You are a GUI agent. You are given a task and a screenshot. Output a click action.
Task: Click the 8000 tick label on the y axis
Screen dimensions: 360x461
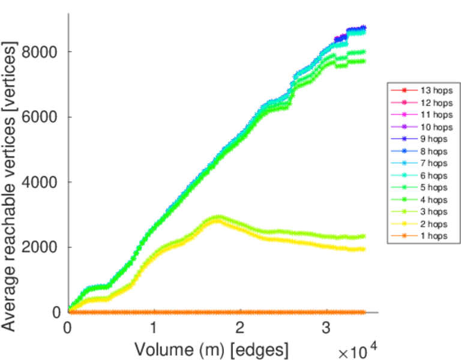pos(40,52)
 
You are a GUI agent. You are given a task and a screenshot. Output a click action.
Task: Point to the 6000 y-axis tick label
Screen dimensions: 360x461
pos(40,117)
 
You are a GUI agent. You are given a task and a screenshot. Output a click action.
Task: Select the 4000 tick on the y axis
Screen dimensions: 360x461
pos(40,182)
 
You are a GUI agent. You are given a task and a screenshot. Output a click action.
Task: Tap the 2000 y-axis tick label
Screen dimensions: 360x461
pos(40,247)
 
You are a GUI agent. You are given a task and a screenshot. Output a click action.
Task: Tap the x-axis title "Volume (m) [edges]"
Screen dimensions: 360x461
pos(211,349)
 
